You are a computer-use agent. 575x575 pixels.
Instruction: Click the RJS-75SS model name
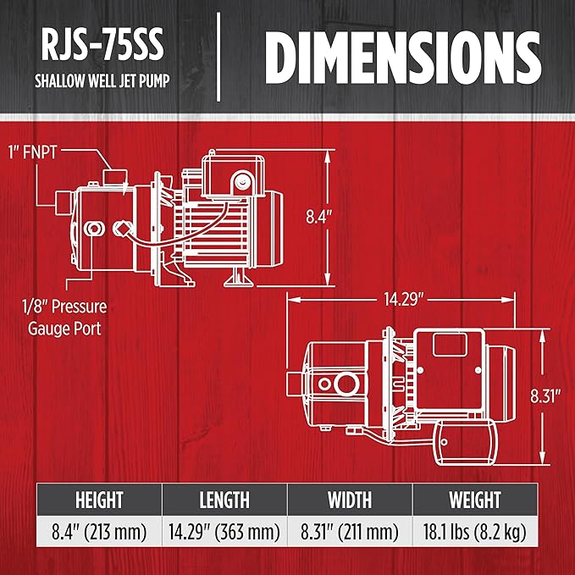102,45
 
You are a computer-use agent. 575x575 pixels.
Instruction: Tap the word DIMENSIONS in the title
402,58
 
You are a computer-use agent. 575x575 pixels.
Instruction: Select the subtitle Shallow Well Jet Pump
102,80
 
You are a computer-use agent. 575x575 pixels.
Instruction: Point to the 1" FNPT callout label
33,152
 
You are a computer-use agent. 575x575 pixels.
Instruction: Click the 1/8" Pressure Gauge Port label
64,318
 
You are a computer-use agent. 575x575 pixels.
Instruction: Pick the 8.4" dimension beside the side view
318,217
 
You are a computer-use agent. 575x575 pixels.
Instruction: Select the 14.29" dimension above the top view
403,300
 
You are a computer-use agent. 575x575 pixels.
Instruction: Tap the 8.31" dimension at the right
545,396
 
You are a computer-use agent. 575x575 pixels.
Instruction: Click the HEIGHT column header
99,500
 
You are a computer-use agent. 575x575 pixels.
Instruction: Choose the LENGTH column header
224,500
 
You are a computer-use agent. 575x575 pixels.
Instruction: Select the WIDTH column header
350,500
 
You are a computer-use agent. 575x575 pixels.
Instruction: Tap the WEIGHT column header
475,500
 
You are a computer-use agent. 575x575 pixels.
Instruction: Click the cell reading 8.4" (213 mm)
99,532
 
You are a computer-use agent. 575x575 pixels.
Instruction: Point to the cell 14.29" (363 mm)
224,532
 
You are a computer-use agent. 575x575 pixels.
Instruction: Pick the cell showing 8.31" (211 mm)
350,532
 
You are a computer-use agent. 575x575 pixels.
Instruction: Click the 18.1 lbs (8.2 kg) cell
475,532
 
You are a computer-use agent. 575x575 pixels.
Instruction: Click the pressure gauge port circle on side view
94,229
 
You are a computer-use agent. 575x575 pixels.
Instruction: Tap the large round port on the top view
346,384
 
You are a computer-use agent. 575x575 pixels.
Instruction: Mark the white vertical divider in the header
218,57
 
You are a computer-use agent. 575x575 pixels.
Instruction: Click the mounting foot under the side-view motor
239,278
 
